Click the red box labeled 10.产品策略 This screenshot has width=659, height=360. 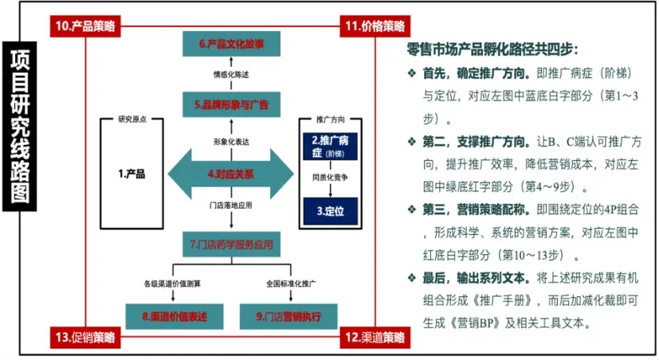pos(85,26)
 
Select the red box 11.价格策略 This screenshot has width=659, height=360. pos(375,26)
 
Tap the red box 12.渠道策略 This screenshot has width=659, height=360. pos(375,338)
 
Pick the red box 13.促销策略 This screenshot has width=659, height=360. pos(85,338)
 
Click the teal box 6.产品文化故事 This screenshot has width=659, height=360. pos(231,44)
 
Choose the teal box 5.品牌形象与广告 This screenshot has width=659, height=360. pos(231,104)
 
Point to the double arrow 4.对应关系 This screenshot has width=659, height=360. pos(231,174)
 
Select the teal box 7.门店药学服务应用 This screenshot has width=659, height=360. pos(231,244)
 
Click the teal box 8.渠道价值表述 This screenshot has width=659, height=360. pos(175,316)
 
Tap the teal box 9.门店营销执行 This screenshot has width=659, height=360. pos(288,316)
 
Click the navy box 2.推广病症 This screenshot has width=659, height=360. pos(331,147)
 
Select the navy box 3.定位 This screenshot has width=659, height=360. pos(331,211)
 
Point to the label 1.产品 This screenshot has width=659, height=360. pos(131,174)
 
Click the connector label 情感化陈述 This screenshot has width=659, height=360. pos(231,75)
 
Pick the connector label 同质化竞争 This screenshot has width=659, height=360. pos(331,178)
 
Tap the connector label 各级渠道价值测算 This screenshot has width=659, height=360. pos(172,284)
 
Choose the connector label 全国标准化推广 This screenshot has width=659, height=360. pos(291,284)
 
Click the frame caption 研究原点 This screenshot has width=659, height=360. pos(132,119)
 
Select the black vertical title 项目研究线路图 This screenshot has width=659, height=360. pos(20,127)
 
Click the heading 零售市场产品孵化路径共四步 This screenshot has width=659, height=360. pos(492,49)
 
